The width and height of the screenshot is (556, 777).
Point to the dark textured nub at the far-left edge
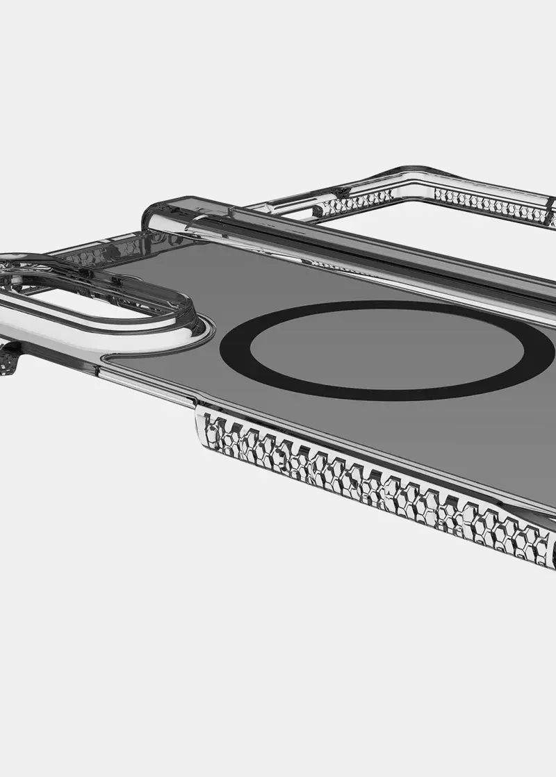[x=8, y=357]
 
